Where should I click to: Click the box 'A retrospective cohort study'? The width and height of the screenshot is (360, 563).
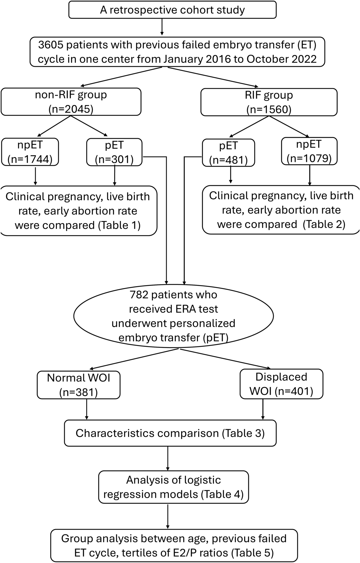[x=172, y=10]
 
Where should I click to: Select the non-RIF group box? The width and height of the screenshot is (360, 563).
[x=71, y=102]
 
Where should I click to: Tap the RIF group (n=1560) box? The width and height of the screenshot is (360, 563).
[x=269, y=102]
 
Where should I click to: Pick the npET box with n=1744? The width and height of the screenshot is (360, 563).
[x=30, y=152]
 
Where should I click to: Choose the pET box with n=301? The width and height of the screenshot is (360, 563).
[x=114, y=152]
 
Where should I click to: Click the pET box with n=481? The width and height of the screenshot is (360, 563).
[x=228, y=153]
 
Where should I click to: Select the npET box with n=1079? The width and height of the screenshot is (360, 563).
[x=309, y=151]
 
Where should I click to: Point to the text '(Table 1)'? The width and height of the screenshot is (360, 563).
[x=119, y=226]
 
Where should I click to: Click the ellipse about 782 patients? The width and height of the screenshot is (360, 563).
[x=173, y=316]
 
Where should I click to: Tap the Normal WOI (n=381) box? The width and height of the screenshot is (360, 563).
[x=78, y=385]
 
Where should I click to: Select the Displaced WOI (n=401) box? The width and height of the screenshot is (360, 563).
[x=281, y=384]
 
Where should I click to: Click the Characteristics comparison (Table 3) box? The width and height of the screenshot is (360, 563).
[x=170, y=433]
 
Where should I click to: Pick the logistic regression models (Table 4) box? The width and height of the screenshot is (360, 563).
[x=173, y=487]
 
